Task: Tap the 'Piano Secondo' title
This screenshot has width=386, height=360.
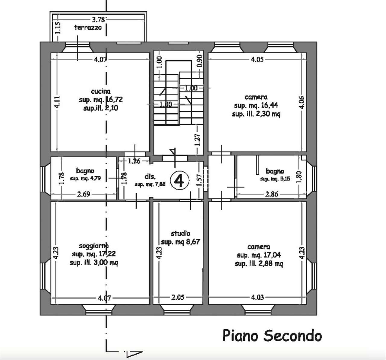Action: [272, 336]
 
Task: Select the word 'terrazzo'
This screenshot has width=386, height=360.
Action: [88, 27]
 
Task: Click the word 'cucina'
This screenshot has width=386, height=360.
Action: [101, 91]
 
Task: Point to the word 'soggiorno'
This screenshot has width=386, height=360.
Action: [94, 246]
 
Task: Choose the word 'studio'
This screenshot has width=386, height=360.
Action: [180, 233]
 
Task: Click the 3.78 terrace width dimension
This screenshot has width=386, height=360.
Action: [98, 20]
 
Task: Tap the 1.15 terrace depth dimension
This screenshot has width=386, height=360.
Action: [58, 28]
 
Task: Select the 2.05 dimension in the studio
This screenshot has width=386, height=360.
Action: [178, 297]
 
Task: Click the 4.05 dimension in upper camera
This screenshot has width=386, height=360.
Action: [257, 59]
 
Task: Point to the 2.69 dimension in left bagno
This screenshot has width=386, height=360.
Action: [83, 194]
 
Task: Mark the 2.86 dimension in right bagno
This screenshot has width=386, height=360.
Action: [272, 194]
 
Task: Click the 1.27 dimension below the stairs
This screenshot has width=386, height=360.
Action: [198, 140]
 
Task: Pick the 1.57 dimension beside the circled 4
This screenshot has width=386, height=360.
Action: [199, 180]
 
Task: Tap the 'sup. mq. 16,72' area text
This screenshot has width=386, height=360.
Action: [101, 100]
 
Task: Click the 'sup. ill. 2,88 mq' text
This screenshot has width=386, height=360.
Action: [259, 264]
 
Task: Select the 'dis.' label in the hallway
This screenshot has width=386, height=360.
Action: [150, 177]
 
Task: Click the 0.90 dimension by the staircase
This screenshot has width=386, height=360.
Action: [200, 61]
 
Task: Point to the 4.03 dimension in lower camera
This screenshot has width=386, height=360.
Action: [258, 297]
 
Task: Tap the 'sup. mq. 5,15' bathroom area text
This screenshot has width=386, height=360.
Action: [275, 179]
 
